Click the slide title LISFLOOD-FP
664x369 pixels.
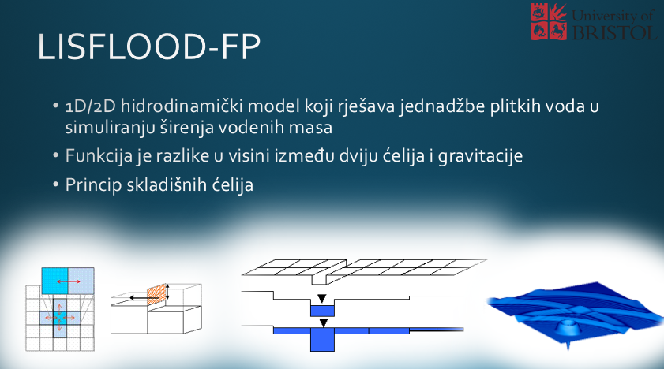[148, 47]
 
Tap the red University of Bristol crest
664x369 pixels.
[549, 21]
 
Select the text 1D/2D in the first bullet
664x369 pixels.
[90, 106]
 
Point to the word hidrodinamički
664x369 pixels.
[182, 106]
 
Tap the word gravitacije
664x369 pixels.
[480, 156]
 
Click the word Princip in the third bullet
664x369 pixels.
[93, 185]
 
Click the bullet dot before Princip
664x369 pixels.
[55, 184]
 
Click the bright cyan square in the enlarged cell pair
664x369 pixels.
[54, 281]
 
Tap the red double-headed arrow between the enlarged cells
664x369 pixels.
[68, 281]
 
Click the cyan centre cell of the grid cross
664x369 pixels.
[59, 318]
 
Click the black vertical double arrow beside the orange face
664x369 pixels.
[167, 292]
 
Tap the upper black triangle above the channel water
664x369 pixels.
[322, 298]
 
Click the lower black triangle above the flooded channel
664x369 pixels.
[324, 323]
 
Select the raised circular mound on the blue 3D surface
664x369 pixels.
[570, 326]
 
